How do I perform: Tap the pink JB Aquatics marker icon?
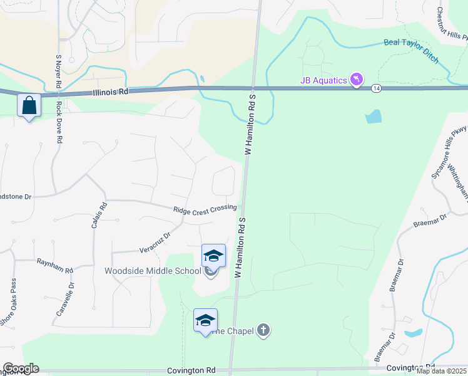357,80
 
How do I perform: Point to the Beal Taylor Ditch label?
410,50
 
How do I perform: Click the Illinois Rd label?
110,91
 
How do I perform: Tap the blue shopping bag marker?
29,105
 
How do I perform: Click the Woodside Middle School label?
153,271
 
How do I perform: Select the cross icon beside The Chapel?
263,330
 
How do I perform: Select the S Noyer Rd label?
58,71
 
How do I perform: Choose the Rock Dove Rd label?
59,123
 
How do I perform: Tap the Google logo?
21,368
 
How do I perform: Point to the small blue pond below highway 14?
373,116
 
